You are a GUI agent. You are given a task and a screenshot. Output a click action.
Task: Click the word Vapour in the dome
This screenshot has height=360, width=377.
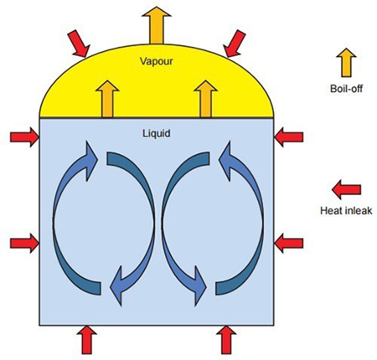coord(157,61)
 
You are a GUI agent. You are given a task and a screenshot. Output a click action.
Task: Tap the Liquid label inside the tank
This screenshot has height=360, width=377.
coord(157,133)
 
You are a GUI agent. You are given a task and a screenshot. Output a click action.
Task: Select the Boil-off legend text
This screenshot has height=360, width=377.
coord(346,89)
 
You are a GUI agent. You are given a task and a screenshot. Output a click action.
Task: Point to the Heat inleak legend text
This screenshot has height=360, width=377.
coord(346,210)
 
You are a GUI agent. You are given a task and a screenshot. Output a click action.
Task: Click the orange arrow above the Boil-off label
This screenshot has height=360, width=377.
coord(346,63)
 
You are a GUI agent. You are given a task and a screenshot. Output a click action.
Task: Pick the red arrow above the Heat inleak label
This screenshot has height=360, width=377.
coord(346,190)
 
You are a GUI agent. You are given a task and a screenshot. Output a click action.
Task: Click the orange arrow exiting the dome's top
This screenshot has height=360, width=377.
coord(157,25)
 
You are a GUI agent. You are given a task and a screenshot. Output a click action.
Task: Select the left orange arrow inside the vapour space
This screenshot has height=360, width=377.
coord(107,99)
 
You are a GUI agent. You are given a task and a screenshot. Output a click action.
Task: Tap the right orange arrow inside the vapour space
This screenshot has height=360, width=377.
coord(205,99)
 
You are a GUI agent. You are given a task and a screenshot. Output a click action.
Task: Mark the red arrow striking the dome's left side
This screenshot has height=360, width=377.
coord(79,44)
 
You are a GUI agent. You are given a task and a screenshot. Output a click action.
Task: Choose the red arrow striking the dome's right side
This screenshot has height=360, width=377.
coord(234,44)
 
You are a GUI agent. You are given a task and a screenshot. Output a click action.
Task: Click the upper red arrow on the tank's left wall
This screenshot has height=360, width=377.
coord(24,137)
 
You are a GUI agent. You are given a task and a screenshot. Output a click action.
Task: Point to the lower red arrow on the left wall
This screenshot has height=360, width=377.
coord(24,244)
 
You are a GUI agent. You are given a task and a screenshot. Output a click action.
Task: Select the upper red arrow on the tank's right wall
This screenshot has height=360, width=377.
coord(289,137)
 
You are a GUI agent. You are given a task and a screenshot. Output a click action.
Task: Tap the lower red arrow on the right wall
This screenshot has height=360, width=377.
coord(289,244)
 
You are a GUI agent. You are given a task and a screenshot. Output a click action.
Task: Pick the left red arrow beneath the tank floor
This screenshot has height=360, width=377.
coord(87,340)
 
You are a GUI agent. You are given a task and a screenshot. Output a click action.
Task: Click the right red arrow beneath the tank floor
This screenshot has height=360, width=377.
coord(226,340)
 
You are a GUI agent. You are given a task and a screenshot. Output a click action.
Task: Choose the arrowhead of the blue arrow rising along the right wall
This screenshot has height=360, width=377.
coord(225,160)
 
